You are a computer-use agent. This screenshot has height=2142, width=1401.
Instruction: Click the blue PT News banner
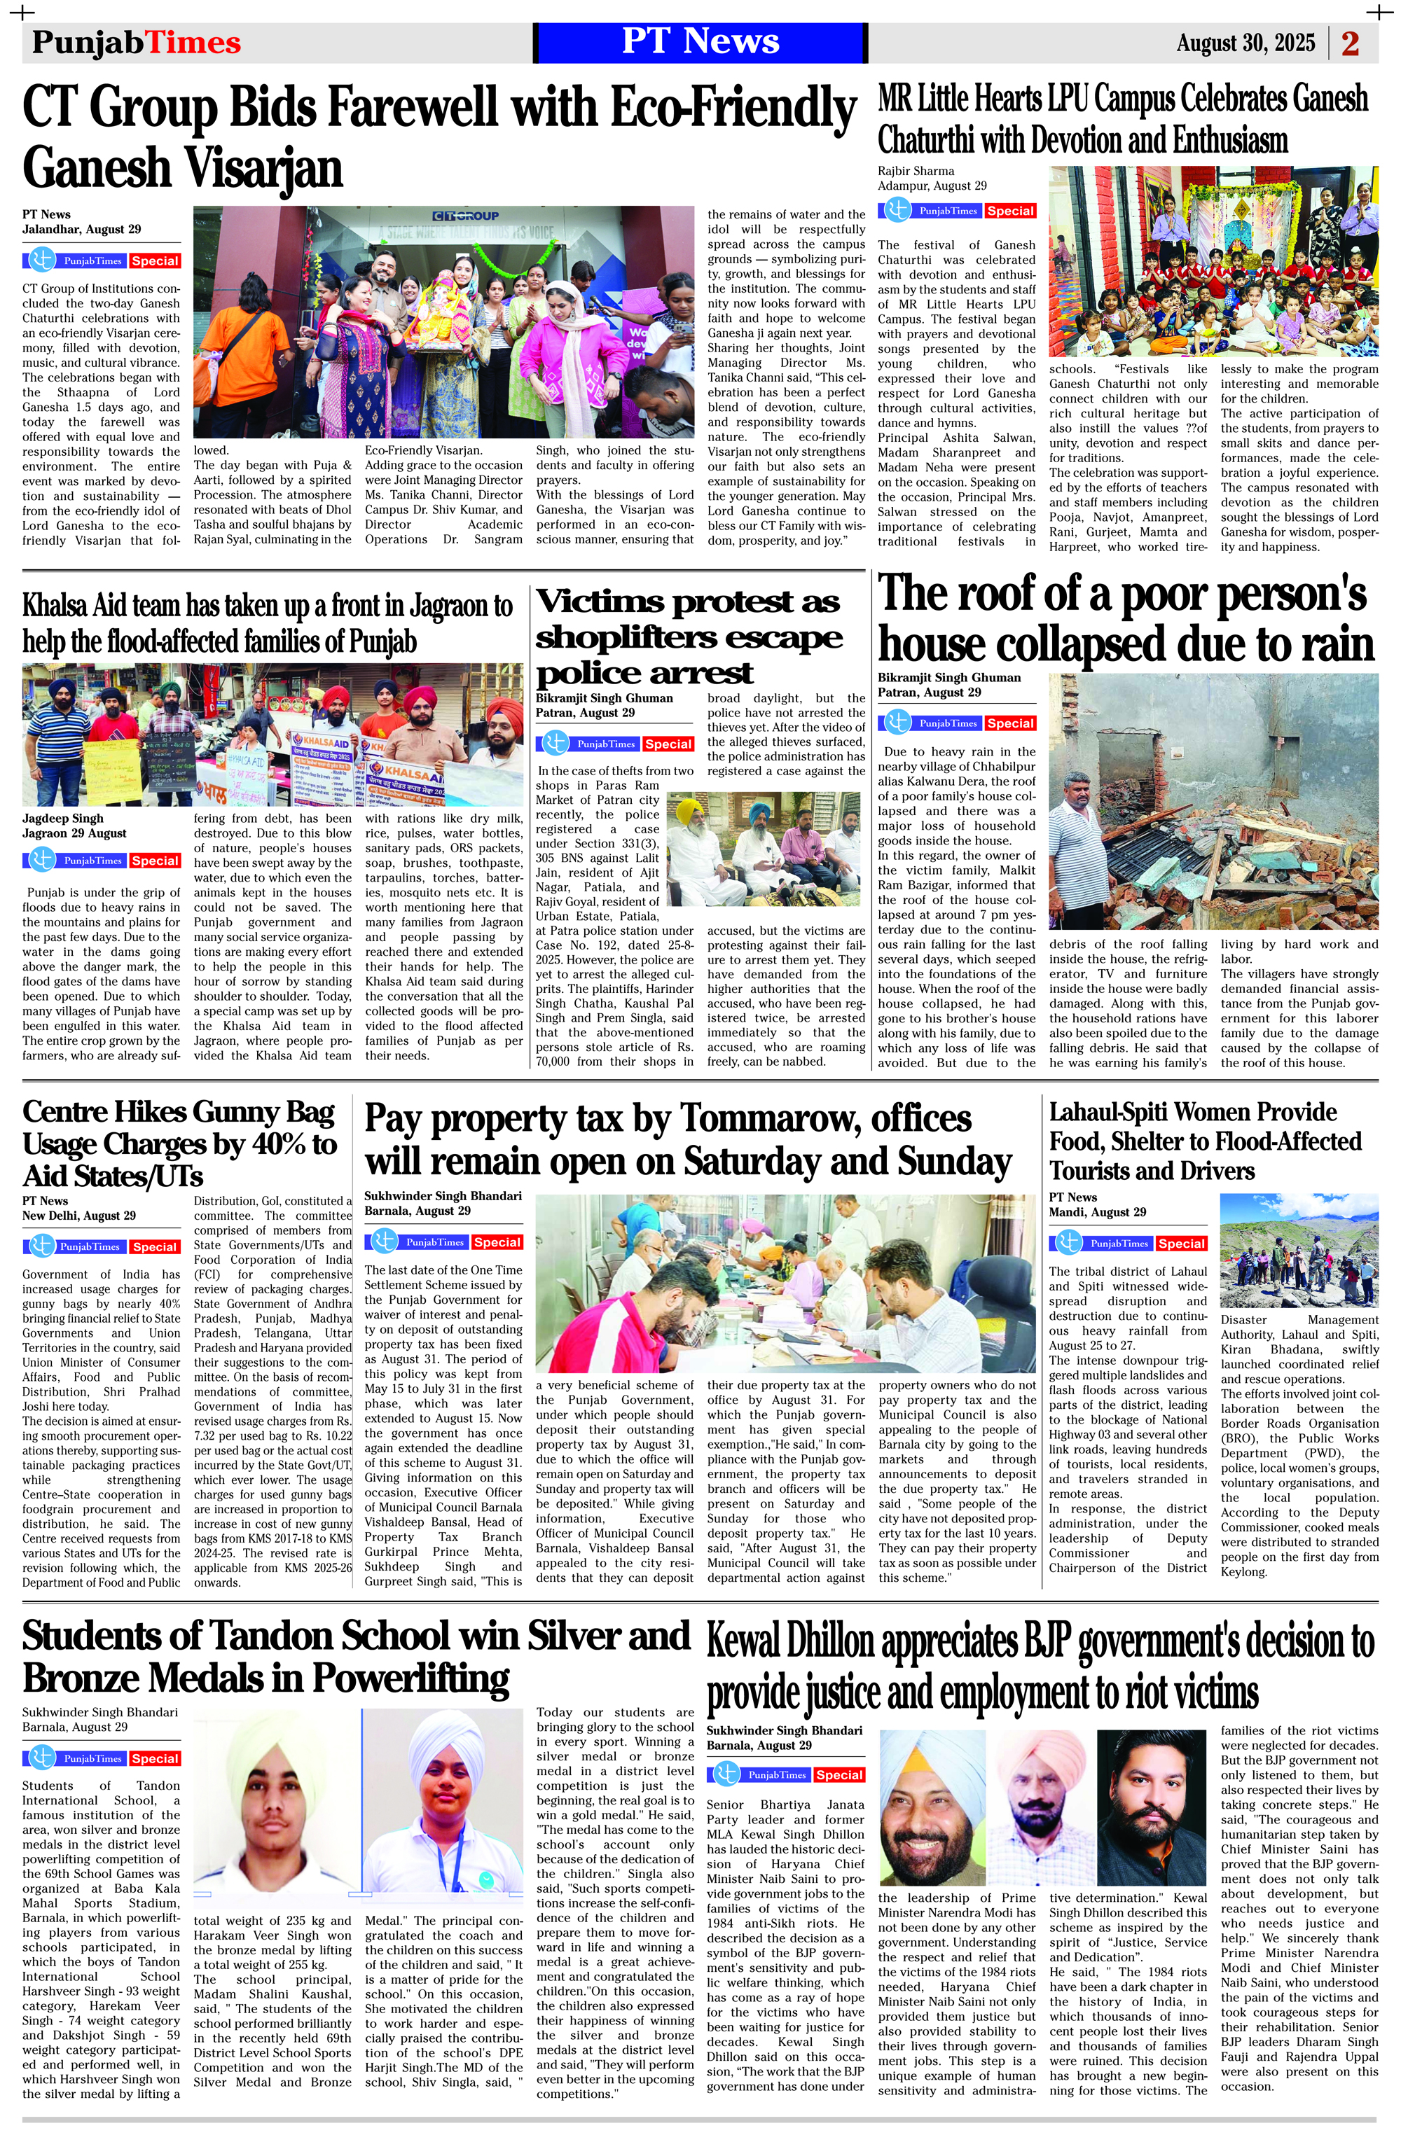(x=700, y=42)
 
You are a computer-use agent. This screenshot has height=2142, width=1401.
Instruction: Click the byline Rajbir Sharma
(x=916, y=171)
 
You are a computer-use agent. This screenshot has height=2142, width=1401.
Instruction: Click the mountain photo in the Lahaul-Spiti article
(x=1298, y=1251)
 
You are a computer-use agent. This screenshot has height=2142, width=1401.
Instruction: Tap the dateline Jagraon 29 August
(x=75, y=833)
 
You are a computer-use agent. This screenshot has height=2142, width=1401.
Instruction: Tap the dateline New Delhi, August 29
(x=79, y=1216)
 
